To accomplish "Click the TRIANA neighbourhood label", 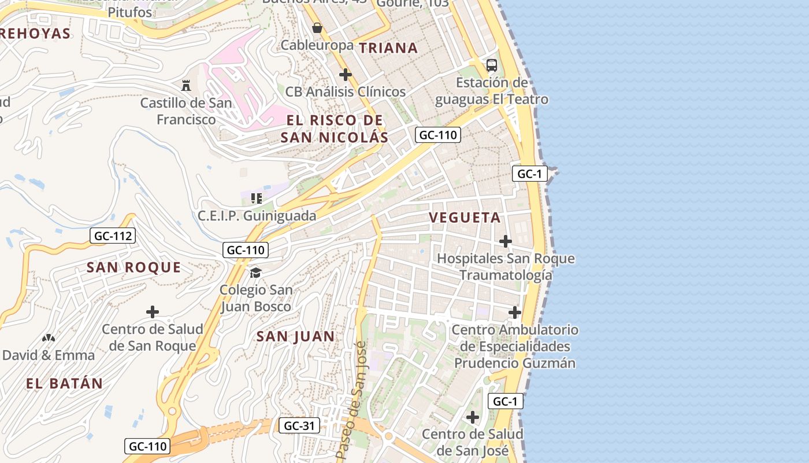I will pos(388,48).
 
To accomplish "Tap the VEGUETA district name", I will pos(465,218).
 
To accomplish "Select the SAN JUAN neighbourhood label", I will pos(295,336).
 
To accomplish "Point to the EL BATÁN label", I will pos(64,383).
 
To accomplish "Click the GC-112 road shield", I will pos(113,236).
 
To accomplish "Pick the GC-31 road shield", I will pos(299,426).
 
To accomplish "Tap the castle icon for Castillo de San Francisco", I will pos(186,86).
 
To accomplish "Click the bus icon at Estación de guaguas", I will pos(491,65).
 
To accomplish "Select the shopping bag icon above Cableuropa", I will pos(317,27).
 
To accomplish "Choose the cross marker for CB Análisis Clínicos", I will pos(346,75).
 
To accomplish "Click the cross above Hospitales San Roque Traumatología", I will pos(506,241).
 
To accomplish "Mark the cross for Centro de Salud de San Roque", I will pos(153,312).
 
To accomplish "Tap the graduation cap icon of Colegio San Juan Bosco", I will pos(255,273).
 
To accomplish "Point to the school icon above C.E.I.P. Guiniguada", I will pos(257,199).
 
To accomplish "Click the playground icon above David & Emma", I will pos(49,337).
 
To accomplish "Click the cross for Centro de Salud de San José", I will pos(473,417).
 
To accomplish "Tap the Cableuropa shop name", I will pos(317,45).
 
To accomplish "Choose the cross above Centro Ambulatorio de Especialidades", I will pos(515,313).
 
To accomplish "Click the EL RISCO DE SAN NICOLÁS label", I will pos(334,128).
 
